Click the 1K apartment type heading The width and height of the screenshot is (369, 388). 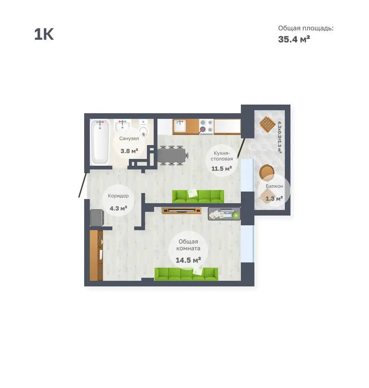point(44,34)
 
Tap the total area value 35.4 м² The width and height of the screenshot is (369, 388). point(294,39)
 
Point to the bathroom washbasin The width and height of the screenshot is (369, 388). point(122,127)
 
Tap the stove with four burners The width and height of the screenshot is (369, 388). point(206,126)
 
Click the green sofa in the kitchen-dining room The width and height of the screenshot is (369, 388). point(198,196)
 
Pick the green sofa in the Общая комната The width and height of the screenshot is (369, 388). point(186,274)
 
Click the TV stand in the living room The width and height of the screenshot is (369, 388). point(181,211)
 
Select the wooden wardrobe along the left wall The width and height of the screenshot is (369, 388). point(96,255)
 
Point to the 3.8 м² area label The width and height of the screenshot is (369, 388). point(129,151)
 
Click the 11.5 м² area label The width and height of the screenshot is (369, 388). point(221,169)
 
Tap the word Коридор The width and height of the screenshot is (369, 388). point(118,196)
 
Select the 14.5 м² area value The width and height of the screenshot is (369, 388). point(188,260)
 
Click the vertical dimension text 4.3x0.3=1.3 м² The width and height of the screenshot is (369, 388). point(280,137)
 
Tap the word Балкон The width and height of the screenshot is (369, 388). point(274,186)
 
